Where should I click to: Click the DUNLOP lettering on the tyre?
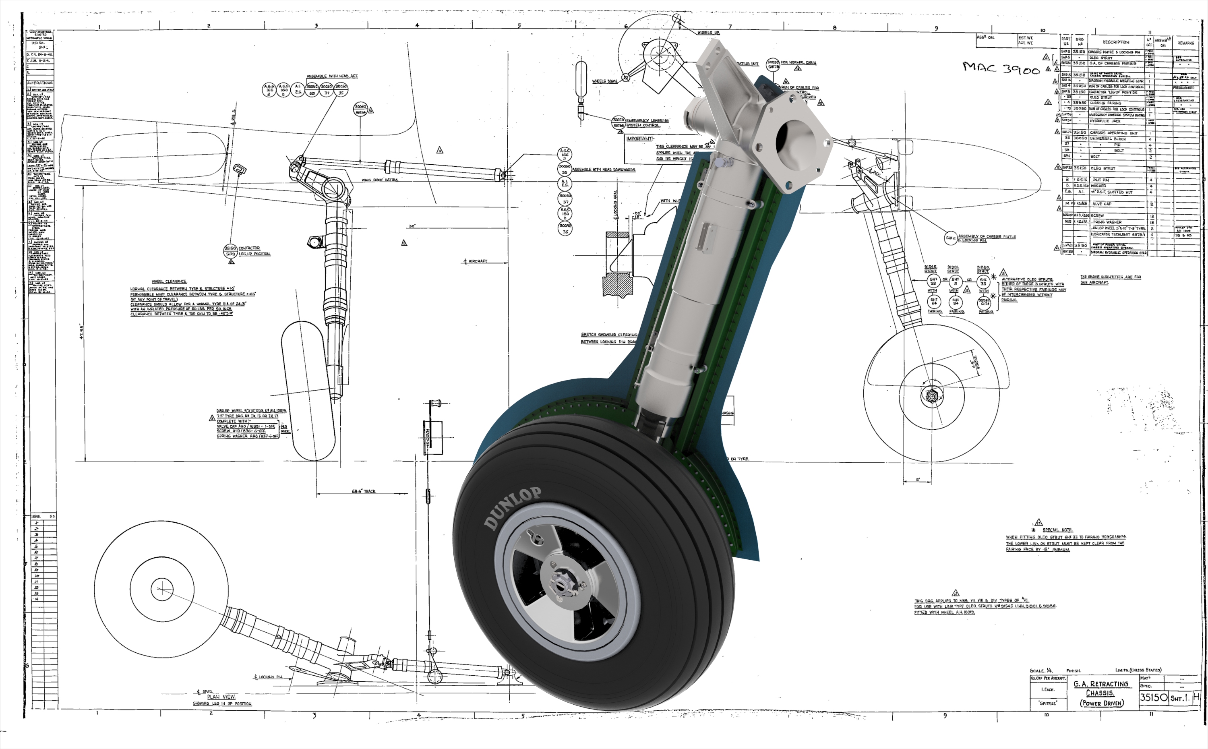click(x=513, y=508)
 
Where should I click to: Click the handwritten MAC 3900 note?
click(x=1001, y=68)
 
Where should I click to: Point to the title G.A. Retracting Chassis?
click(x=1100, y=689)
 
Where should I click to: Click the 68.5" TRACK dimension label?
click(x=364, y=491)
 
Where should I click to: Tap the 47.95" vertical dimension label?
click(x=82, y=331)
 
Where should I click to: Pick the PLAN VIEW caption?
click(x=221, y=697)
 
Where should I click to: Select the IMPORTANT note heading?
click(x=639, y=139)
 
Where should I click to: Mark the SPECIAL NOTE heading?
click(x=1057, y=530)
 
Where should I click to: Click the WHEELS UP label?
click(x=708, y=33)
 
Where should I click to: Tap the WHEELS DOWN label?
click(x=605, y=81)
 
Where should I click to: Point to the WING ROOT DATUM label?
click(x=379, y=180)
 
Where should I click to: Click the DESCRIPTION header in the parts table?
click(x=1116, y=42)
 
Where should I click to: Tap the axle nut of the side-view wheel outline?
click(x=931, y=396)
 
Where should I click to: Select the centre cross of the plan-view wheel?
click(x=162, y=588)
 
